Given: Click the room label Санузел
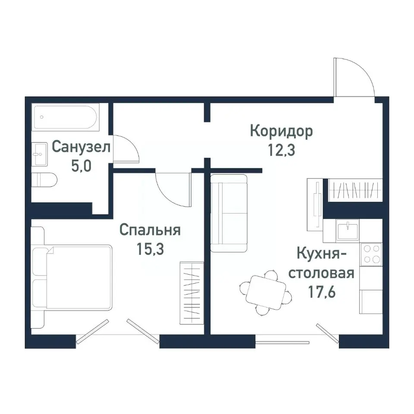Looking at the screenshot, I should point(81,147).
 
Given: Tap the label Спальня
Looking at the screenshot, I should point(149,230).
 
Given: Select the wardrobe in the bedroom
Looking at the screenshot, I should point(191,292).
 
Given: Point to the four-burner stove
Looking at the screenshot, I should point(371,254).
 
